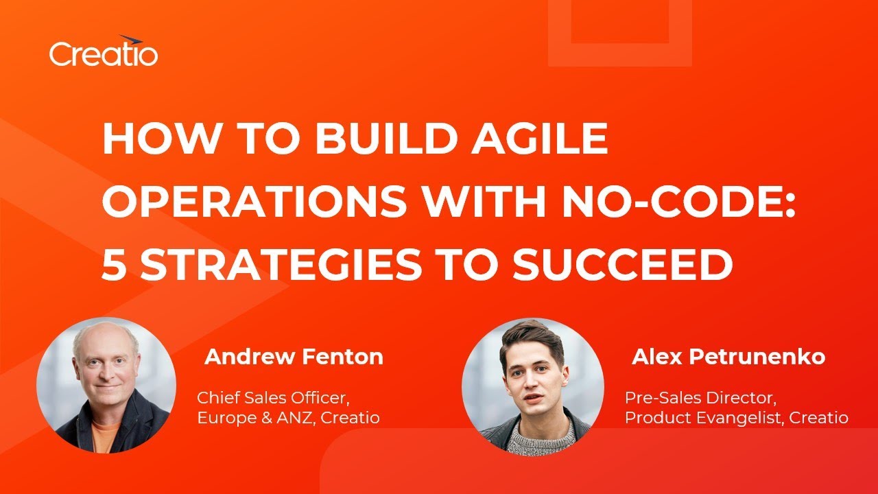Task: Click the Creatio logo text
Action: point(103,54)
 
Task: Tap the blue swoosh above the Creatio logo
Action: point(130,40)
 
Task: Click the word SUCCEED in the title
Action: point(623,264)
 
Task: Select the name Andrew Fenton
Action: point(294,357)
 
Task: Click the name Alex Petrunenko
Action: point(728,357)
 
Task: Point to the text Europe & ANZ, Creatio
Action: point(288,417)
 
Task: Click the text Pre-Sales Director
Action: point(700,397)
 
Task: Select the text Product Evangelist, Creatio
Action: point(736,417)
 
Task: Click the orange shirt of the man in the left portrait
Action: point(104,435)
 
